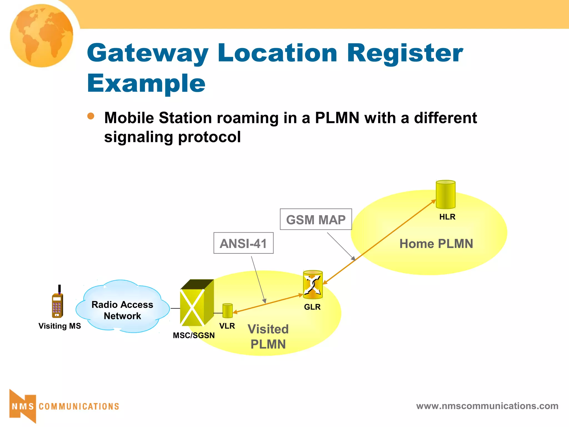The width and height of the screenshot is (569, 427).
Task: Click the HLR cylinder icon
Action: pyautogui.click(x=445, y=195)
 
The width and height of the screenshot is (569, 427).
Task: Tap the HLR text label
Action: pyautogui.click(x=447, y=217)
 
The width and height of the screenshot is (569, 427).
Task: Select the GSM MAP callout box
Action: pyautogui.click(x=316, y=219)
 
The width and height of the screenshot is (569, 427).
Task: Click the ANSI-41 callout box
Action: pyautogui.click(x=243, y=243)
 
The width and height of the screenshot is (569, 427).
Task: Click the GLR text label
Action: pyautogui.click(x=312, y=307)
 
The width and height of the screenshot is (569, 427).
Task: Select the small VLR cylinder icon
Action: pyautogui.click(x=227, y=311)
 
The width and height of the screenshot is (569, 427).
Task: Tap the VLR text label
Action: pyautogui.click(x=227, y=326)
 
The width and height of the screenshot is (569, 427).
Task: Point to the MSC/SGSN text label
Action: pyautogui.click(x=194, y=336)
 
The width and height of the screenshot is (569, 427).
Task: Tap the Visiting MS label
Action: pyautogui.click(x=59, y=326)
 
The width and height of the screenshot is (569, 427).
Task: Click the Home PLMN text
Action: pyautogui.click(x=436, y=244)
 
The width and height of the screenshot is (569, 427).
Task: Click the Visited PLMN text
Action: pyautogui.click(x=268, y=337)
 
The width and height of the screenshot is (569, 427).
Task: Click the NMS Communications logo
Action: pyautogui.click(x=64, y=406)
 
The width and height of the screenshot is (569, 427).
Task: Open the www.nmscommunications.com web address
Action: pyautogui.click(x=487, y=406)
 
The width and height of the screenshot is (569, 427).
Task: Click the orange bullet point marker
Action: pyautogui.click(x=91, y=116)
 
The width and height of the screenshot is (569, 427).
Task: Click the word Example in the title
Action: pyautogui.click(x=146, y=83)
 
